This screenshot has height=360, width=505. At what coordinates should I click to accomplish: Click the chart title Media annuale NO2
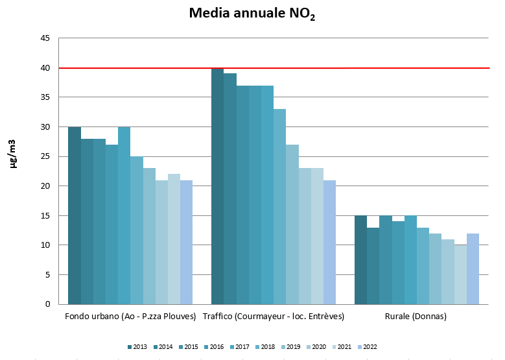(252, 14)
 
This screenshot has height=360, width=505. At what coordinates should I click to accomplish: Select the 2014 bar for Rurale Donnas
(373, 265)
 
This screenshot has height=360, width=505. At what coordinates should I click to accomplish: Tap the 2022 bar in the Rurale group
(473, 269)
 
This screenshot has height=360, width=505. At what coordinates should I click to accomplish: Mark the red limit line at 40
(402, 67)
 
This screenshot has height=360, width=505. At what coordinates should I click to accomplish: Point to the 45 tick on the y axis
(45, 38)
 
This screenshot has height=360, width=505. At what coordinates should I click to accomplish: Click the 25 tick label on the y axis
(45, 156)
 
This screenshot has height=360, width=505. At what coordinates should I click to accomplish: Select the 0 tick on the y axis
(48, 304)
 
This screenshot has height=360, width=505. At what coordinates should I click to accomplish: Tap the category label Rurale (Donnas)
(416, 317)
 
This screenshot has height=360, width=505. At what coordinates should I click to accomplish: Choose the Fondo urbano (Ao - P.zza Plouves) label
(130, 317)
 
